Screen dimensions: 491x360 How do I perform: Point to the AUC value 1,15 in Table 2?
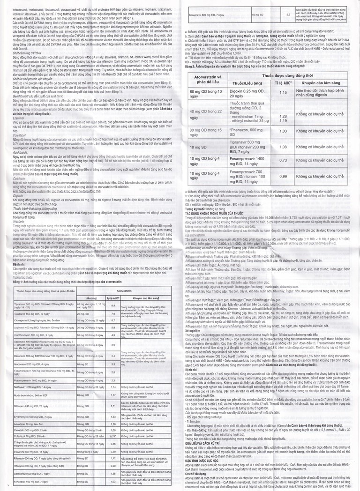click(283, 106)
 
